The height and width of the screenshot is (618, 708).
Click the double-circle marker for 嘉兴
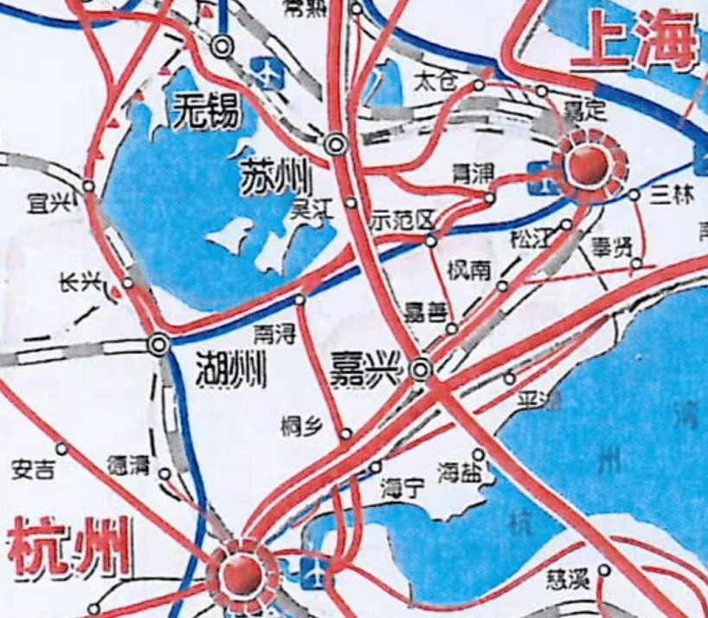pos(421,370)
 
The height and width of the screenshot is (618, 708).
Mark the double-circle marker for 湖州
pos(158,344)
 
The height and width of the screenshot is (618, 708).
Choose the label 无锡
pos(205,110)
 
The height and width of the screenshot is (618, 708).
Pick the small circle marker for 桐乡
pos(346,434)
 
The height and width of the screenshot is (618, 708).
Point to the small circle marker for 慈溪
pos(604,570)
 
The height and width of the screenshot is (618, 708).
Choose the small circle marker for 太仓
pos(479,85)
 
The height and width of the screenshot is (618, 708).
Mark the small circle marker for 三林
pos(634,196)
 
